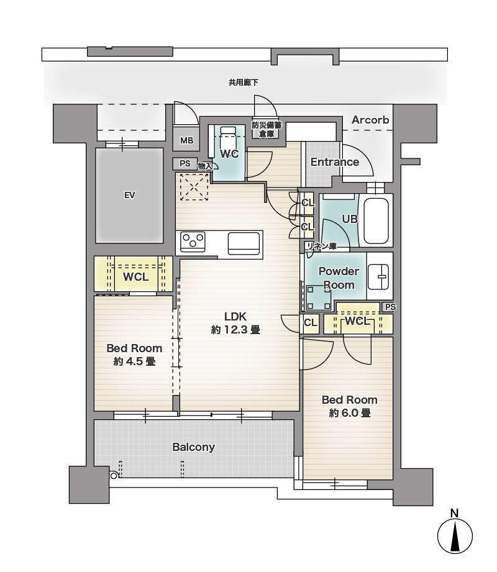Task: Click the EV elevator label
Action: [130, 196]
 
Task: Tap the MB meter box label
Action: [186, 140]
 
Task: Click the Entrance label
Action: [335, 162]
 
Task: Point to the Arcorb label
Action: [370, 120]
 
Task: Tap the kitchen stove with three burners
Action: [193, 242]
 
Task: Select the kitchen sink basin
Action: [244, 243]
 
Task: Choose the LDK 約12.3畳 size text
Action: [235, 330]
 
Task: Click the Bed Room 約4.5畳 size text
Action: [134, 361]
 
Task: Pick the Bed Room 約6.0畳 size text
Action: [350, 413]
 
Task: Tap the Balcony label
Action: [193, 447]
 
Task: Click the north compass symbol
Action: [455, 535]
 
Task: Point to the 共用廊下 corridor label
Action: [244, 83]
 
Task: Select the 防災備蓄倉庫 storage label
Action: [267, 130]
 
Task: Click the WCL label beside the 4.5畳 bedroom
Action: [136, 277]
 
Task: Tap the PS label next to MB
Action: [185, 163]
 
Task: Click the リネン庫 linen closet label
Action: [321, 247]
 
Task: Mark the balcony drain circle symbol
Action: [114, 475]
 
